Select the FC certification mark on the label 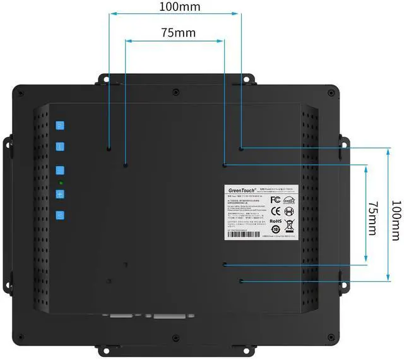(275, 200)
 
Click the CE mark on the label (275, 211)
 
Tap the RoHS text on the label (275, 222)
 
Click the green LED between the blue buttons (61, 183)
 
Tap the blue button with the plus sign (61, 195)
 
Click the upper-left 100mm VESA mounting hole (109, 149)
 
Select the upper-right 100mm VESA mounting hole (241, 149)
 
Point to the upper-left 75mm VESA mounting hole (126, 165)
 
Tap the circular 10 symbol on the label (275, 231)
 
